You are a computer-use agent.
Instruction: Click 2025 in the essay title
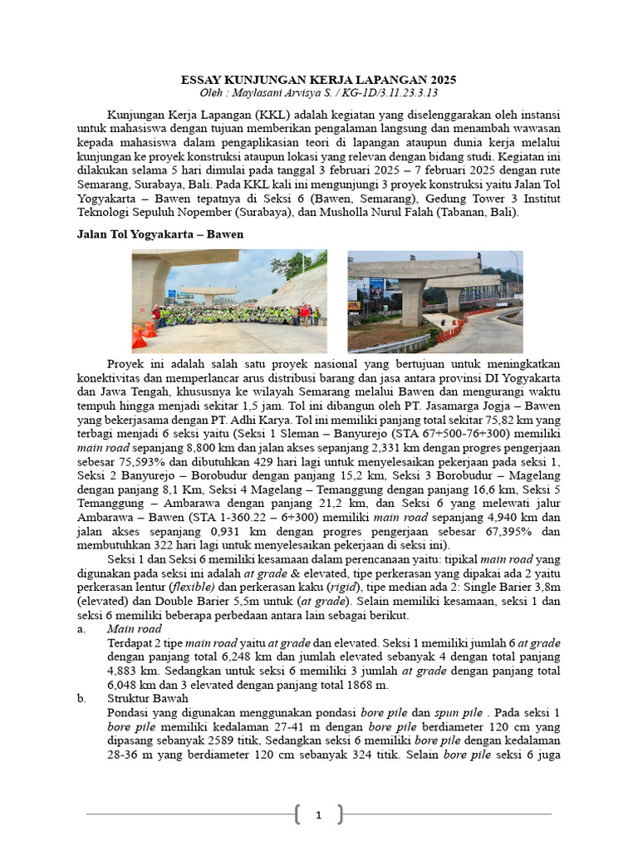point(439,80)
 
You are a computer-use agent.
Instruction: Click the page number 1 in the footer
point(318,815)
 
